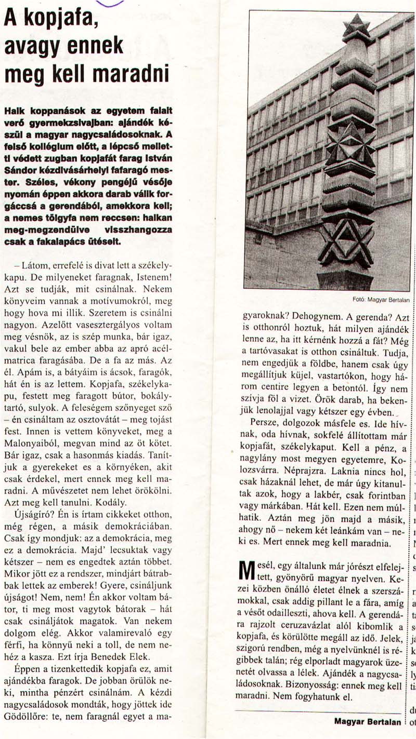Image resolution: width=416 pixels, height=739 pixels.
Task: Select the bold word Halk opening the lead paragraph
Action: (14, 111)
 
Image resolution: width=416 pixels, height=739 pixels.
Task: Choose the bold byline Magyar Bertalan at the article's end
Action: (368, 722)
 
